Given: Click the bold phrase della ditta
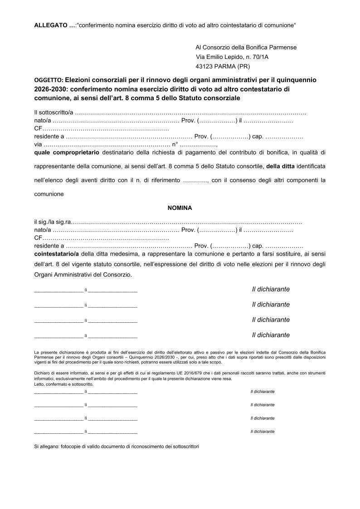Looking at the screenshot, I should coord(281,166).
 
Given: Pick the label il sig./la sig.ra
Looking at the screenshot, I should coord(53,223).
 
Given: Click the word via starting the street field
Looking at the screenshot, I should coord(38,145).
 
